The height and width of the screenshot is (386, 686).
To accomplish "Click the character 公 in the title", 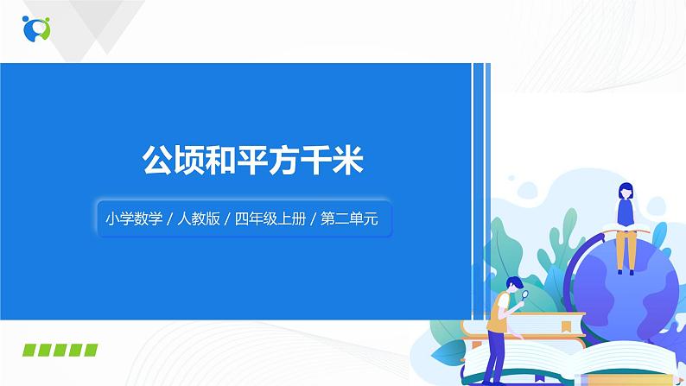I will (x=156, y=161).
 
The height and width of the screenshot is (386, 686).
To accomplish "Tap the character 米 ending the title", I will (x=347, y=161).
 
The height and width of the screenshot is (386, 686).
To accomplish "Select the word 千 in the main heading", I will (x=310, y=161).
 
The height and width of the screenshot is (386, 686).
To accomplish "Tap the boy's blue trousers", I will (x=500, y=354).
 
